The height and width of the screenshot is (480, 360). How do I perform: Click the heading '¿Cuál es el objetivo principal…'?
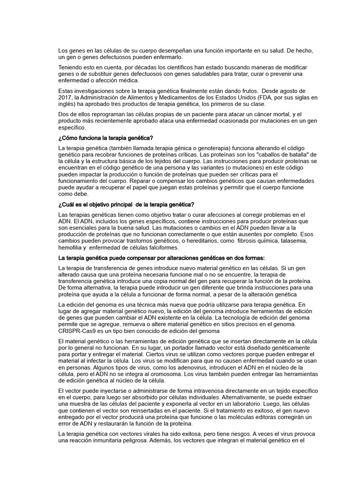point(126,204)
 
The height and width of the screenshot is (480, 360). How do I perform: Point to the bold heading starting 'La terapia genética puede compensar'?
point(161,257)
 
